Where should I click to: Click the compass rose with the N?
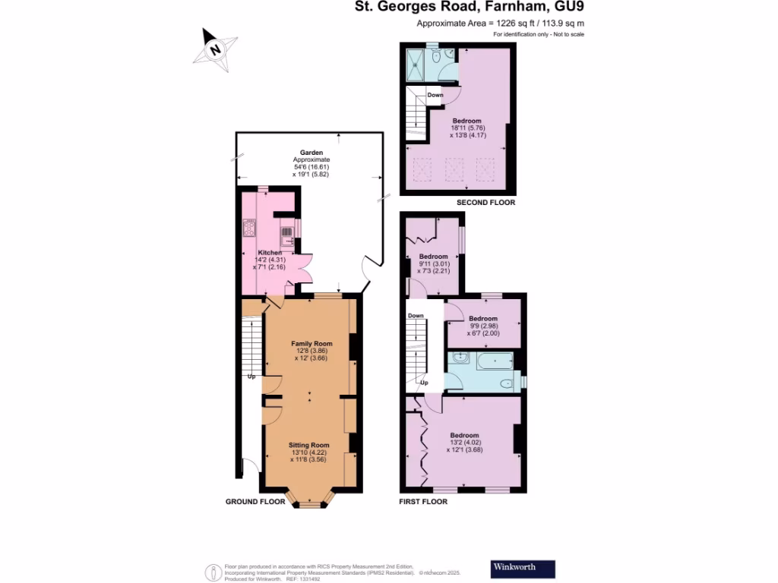215,50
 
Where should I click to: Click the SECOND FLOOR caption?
485,203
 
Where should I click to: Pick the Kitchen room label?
270,252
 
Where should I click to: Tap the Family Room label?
309,344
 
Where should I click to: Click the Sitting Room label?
309,445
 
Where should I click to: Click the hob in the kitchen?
249,227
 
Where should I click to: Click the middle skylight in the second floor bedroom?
454,167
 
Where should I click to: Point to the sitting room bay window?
308,501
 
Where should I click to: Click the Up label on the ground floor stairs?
250,376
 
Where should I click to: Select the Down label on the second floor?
435,95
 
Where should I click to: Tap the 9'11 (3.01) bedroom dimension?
434,264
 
